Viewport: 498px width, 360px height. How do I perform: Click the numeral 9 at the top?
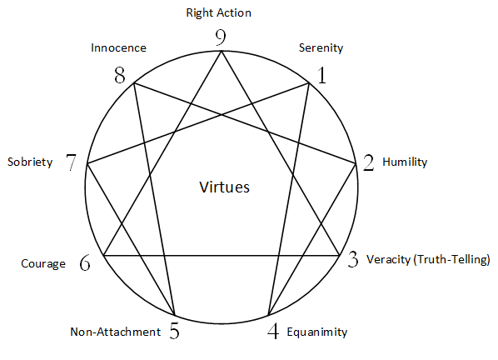pos(221,37)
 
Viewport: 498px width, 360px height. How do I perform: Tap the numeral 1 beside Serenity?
pos(322,76)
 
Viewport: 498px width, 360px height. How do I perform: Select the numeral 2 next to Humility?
pos(368,163)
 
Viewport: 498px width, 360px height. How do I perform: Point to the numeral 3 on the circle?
pos(353,259)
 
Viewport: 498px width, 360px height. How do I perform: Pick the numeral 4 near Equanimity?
pos(273,331)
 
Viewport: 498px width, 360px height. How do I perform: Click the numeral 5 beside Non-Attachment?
pos(174,331)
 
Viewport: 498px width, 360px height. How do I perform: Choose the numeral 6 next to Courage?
pos(85,263)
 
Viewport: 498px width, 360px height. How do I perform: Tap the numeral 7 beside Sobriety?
pos(71,162)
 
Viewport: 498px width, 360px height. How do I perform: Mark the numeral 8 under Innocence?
pos(120,76)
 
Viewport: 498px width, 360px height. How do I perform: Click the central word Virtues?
pos(224,187)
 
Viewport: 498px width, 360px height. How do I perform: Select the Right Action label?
pos(218,13)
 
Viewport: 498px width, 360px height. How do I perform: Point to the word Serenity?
pos(321,48)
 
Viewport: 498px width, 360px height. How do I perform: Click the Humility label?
pos(405,162)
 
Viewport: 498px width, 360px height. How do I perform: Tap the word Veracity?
pos(388,260)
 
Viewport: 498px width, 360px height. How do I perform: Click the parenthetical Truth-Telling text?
pos(451,260)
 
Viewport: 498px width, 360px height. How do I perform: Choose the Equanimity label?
pos(317,332)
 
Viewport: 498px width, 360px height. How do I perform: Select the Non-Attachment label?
pos(115,332)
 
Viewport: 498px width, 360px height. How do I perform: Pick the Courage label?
pos(43,263)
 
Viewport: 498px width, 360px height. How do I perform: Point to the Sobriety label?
pos(30,162)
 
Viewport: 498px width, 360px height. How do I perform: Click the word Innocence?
pos(118,48)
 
